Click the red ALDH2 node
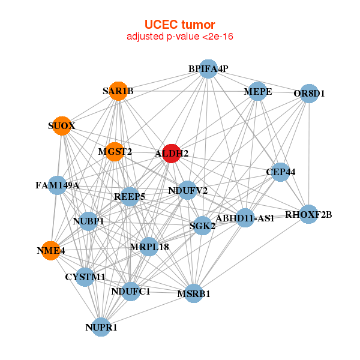point(172,153)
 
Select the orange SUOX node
point(61,126)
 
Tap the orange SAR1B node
point(118,91)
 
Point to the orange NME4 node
point(52,250)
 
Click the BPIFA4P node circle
point(208,68)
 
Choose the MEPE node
point(257,91)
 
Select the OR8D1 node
point(308,93)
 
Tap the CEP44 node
point(280,172)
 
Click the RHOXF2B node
point(308,214)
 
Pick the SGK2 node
point(203,226)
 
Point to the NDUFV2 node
point(188,191)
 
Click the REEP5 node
point(130,196)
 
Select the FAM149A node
point(58,185)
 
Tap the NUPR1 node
point(101,327)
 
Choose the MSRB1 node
point(193,293)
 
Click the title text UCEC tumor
point(179,25)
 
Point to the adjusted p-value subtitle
point(179,37)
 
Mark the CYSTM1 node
point(86,277)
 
